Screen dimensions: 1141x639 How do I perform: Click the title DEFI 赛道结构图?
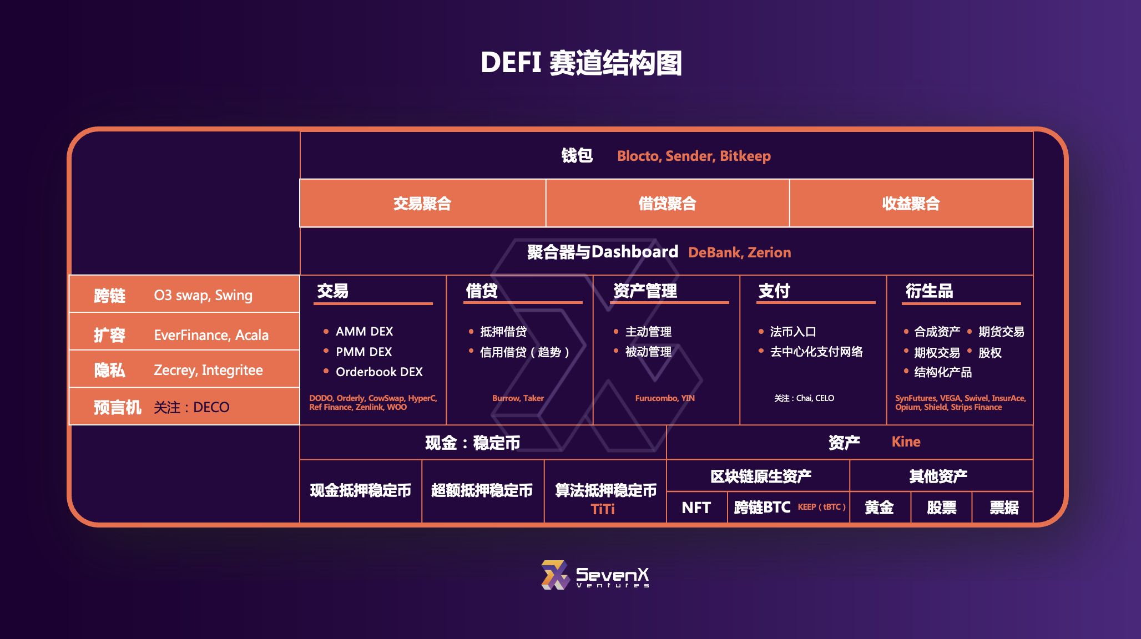point(581,63)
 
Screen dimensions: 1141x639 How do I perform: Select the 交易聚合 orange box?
point(423,203)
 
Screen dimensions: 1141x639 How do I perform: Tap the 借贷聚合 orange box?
point(668,203)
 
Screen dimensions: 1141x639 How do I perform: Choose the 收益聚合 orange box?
point(911,203)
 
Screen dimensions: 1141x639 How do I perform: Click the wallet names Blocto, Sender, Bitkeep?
point(694,156)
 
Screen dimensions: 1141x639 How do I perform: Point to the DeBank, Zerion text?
point(740,252)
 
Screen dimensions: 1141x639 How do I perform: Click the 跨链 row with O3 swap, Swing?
point(184,294)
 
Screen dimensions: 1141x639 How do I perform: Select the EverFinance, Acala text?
point(211,335)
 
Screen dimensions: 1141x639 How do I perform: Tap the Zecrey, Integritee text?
point(208,370)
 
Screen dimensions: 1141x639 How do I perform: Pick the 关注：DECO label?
point(191,407)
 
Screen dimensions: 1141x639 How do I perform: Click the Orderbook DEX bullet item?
point(373,372)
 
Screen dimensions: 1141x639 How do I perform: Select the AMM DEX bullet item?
point(358,331)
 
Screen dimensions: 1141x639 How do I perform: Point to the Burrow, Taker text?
point(518,398)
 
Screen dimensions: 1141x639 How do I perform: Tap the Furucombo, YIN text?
point(665,398)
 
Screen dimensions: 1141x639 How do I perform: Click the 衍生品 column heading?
point(929,291)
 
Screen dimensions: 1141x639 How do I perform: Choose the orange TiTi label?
point(603,509)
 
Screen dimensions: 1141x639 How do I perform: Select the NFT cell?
point(696,508)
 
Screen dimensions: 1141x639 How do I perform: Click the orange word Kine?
point(906,442)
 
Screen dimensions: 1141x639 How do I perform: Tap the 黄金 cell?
point(880,508)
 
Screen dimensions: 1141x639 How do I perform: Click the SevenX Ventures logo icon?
point(556,575)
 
